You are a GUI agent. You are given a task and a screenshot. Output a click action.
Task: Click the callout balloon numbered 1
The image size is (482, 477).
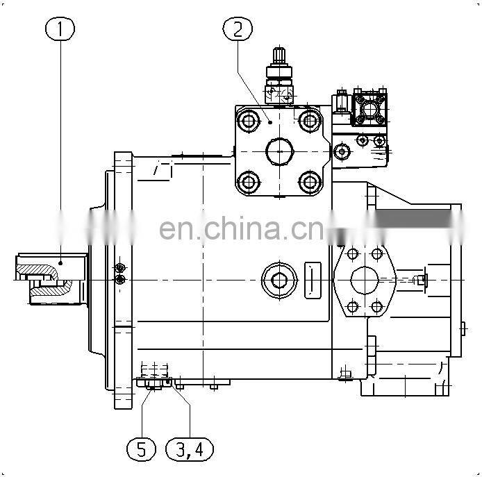pos(60,28)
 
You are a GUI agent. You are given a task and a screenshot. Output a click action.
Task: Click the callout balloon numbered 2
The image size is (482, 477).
pos(238,28)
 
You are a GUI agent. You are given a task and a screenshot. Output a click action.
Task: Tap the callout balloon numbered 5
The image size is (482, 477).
pos(142,449)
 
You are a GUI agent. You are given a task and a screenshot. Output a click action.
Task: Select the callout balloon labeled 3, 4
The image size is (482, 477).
pos(190,449)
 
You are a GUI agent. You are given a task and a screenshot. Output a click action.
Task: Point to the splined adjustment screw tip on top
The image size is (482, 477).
pos(279,56)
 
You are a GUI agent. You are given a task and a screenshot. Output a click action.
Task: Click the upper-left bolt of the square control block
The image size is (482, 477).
pos(249,121)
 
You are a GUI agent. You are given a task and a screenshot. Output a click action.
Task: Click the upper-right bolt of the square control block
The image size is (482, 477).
pos(310,121)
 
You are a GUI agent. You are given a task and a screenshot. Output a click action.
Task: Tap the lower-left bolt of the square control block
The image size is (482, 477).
pos(249,182)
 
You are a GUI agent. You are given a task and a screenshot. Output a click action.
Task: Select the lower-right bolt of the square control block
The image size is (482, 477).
pos(310,182)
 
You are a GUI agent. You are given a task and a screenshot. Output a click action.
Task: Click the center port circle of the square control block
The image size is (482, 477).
pos(279,151)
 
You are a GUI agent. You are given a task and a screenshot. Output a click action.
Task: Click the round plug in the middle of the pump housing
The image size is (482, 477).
pos(279,280)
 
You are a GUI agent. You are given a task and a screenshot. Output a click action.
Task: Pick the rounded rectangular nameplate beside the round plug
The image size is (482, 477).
pos(313,280)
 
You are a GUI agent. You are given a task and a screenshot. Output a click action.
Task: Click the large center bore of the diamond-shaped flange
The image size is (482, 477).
pos(365,280)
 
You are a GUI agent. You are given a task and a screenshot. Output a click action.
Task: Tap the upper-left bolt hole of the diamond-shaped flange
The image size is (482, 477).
pos(352,254)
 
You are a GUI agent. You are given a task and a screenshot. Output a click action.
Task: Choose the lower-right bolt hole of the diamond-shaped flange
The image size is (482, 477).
pos(377,306)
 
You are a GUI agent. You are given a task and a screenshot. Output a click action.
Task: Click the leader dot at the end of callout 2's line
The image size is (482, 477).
pos(270,122)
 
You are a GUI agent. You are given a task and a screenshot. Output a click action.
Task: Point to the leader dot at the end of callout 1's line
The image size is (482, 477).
pos(60,263)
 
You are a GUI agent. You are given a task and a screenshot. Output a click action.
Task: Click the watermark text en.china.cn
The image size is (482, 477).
pos(242,228)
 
